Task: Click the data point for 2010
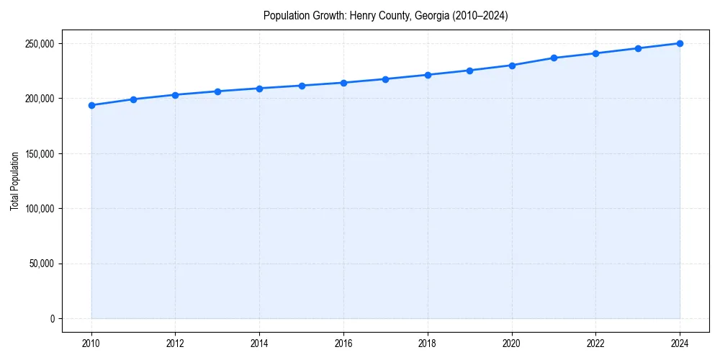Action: click(x=91, y=105)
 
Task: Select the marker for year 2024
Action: click(x=680, y=43)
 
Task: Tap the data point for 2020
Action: click(x=512, y=66)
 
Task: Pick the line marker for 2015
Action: click(x=302, y=86)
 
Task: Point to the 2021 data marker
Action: click(x=554, y=58)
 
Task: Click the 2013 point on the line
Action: click(x=217, y=91)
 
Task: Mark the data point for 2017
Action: click(x=386, y=79)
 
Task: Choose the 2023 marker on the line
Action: click(x=638, y=48)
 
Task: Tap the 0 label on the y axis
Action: click(x=52, y=319)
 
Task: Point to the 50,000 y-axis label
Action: click(x=42, y=264)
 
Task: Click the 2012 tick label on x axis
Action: click(x=176, y=343)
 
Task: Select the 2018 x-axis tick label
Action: click(x=428, y=343)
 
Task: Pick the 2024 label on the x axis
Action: click(x=680, y=343)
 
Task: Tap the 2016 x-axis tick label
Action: click(x=343, y=343)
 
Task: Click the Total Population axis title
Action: click(x=14, y=181)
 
